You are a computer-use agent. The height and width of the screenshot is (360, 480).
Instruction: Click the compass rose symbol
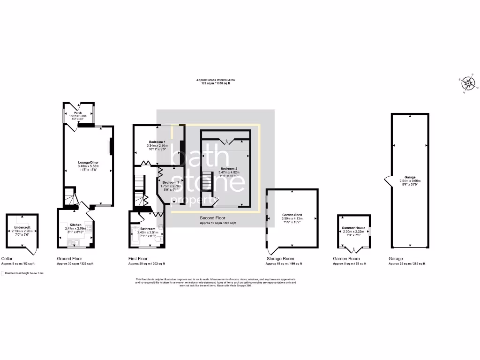pos(468,84)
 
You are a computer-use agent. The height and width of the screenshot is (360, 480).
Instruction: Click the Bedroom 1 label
pos(157,142)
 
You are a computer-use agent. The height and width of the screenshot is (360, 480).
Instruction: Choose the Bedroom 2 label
pos(229,168)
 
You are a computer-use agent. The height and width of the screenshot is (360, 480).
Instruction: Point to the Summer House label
pos(353,228)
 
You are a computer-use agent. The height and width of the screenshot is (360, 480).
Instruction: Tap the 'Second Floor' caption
pos(213,218)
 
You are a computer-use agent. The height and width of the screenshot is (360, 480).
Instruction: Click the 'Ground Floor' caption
pos(70,259)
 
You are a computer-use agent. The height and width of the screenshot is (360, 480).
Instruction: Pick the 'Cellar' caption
pos(7,259)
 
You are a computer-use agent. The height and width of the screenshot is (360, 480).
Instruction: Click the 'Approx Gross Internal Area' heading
pos(216,80)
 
